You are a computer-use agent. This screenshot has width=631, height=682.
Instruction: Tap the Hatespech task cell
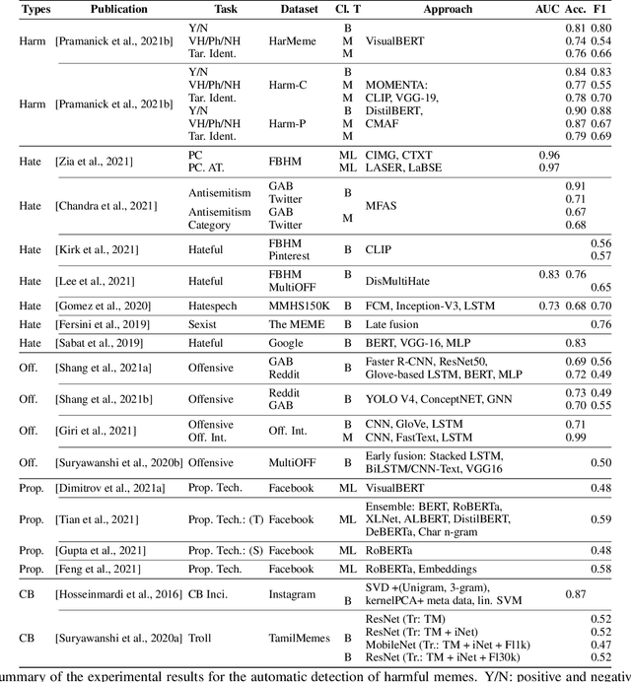(x=218, y=307)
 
